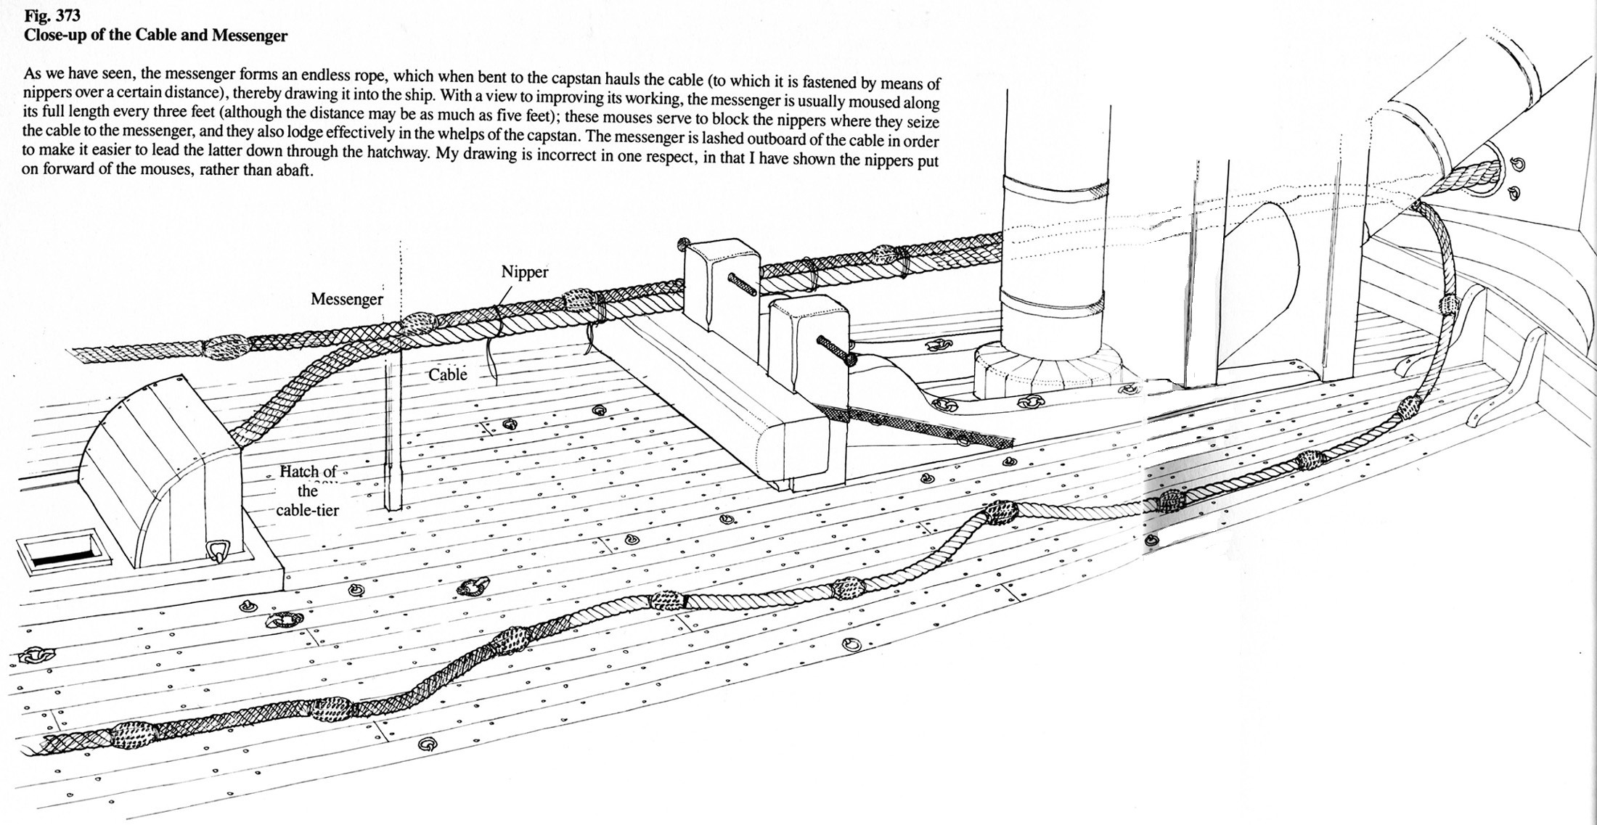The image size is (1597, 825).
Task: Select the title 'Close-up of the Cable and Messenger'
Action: pos(155,36)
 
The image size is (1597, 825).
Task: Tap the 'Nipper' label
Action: pos(525,273)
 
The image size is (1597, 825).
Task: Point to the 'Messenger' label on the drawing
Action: pos(346,300)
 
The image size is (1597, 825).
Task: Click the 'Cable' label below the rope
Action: pos(447,374)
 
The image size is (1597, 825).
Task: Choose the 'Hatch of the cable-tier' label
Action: pos(309,491)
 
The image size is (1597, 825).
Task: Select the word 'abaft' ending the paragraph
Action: pos(293,175)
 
